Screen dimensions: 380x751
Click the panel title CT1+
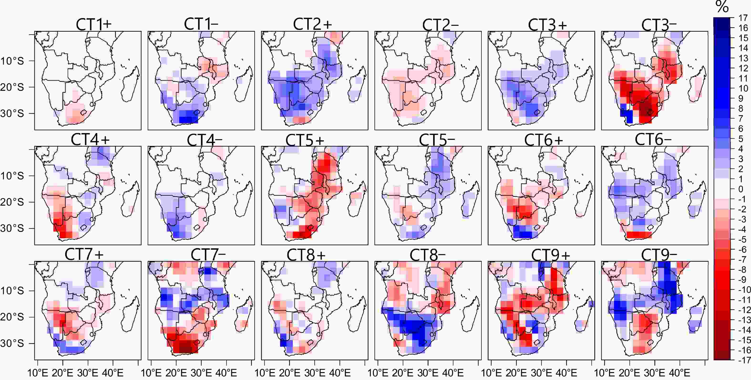click(94, 24)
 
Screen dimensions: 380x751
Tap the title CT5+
click(305, 140)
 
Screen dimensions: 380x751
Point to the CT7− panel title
click(208, 255)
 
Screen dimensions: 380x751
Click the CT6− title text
click(653, 140)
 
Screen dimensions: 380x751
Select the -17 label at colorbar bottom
click(743, 360)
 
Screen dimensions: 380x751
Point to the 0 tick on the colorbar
click(741, 189)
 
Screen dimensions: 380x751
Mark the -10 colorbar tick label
click(743, 290)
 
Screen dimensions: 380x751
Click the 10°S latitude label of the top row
click(12, 61)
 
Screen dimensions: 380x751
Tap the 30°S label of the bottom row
click(12, 344)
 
